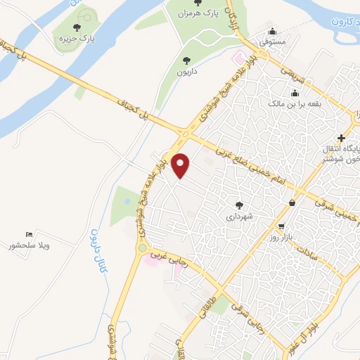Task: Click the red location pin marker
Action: pos(181,165)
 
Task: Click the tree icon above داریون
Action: pos(186,60)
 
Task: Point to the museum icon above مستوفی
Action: pos(273,31)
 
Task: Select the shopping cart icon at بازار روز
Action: pos(281,227)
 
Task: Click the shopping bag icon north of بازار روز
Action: pos(291,203)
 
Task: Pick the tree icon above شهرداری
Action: pos(240,205)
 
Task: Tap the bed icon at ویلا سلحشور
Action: pos(29,234)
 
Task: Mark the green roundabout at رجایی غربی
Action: pos(143,247)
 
